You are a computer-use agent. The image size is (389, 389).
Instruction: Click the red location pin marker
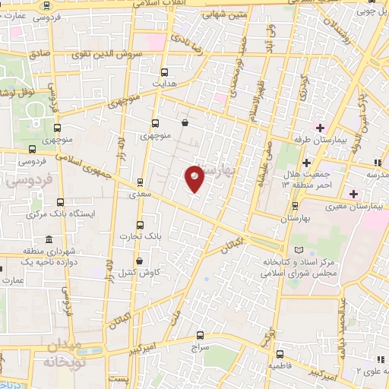click(x=195, y=178)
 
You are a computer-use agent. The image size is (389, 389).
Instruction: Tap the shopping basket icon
click(x=185, y=122)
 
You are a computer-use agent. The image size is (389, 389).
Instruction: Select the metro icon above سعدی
click(x=140, y=182)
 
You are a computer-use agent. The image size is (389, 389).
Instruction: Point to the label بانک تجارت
click(x=141, y=236)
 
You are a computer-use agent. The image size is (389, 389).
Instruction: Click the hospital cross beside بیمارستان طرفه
click(x=321, y=126)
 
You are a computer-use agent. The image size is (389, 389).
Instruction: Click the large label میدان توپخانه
click(x=61, y=354)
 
